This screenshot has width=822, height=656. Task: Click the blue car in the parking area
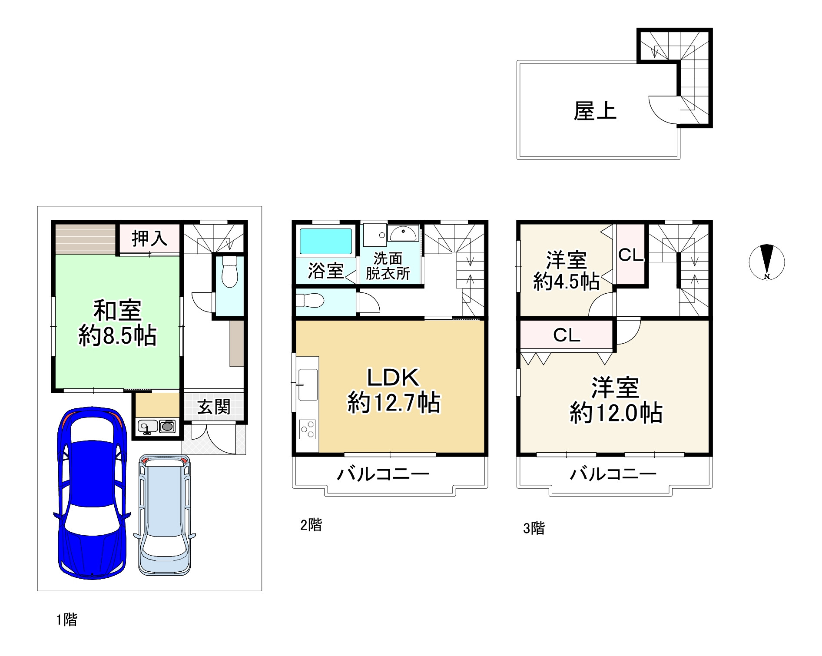pos(92,493)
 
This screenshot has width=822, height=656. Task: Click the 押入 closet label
pos(149,239)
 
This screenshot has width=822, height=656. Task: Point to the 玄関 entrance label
pos(214,407)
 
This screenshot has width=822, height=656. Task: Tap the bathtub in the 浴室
pos(326,242)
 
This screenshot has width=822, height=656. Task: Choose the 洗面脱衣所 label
pos(388,266)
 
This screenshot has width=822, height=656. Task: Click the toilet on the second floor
pos(309,300)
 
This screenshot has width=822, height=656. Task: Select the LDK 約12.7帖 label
pos(393,390)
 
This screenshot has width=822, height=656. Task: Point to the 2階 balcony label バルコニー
pos(383,473)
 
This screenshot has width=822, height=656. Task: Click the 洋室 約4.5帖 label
pos(566,270)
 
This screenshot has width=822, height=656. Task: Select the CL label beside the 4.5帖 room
pos(630,255)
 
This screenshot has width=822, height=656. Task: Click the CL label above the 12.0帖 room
pos(567,335)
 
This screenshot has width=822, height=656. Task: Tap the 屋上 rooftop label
pos(595,111)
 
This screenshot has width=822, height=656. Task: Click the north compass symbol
pos(767,262)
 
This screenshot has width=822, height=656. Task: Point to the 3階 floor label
pos(534,528)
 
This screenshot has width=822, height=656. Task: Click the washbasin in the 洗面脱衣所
pos(403,234)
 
